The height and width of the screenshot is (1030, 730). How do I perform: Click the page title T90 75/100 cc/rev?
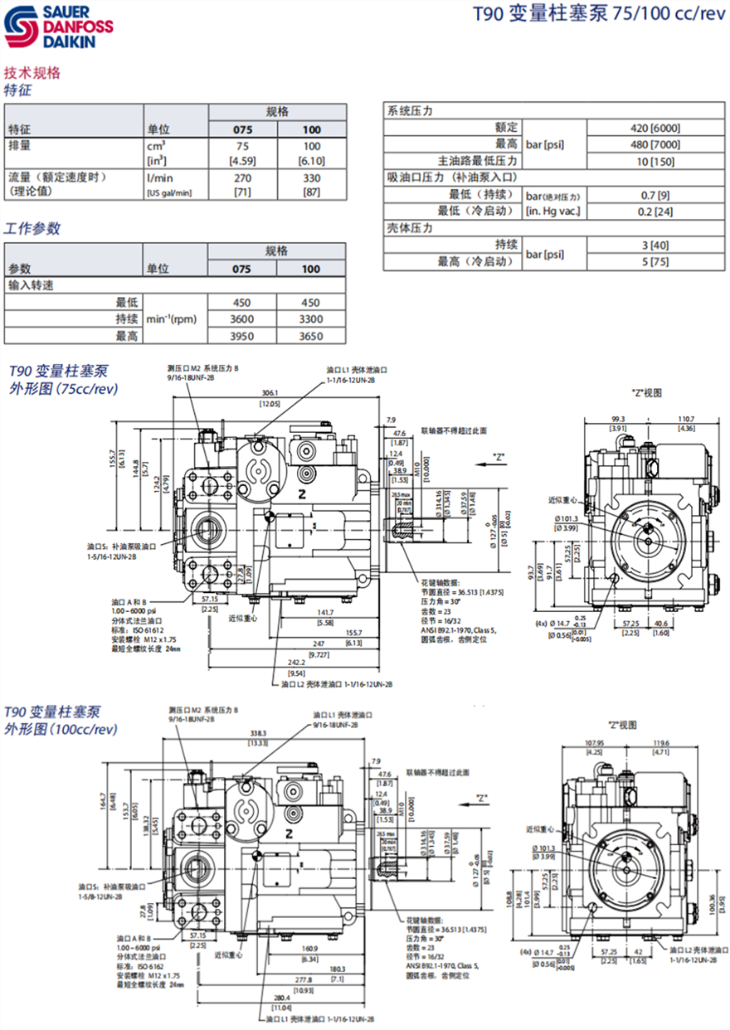(587, 14)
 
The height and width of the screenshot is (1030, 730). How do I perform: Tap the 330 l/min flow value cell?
(311, 177)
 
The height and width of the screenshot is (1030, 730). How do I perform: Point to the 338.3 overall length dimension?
(258, 733)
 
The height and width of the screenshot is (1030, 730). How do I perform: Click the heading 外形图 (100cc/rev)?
(61, 729)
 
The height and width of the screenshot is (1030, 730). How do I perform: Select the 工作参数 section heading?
(32, 228)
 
